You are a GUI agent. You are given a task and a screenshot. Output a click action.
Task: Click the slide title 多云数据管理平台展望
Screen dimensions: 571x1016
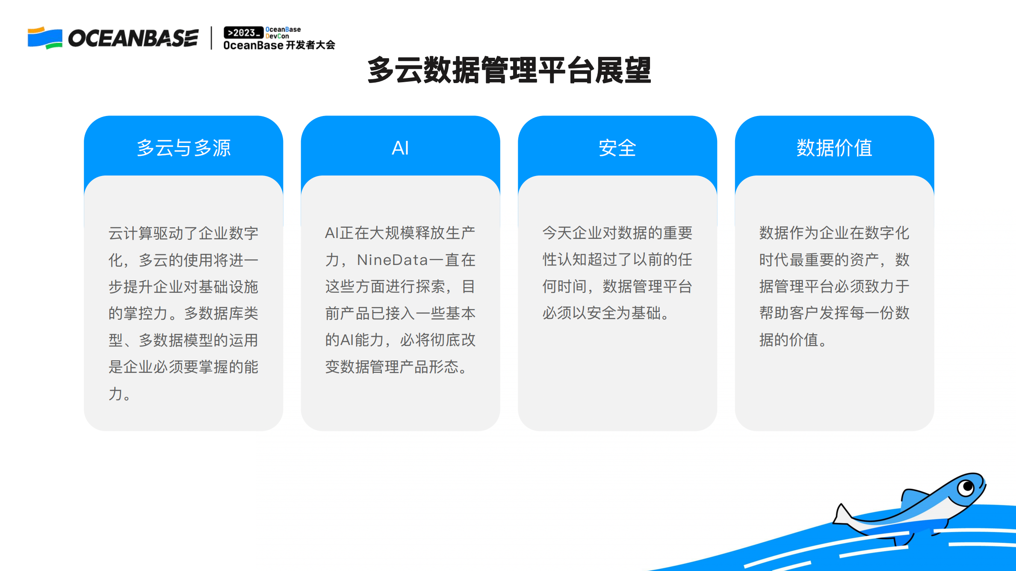click(509, 71)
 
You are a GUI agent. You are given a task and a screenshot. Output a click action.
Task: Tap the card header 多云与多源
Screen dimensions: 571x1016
click(183, 148)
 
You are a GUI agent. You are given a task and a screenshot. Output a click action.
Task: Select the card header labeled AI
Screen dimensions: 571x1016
click(400, 148)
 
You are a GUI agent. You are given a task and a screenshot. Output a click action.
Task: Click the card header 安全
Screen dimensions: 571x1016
click(617, 148)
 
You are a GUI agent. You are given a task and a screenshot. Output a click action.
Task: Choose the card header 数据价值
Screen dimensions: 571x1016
click(834, 148)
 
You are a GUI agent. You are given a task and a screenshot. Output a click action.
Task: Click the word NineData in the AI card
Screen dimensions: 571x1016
click(392, 260)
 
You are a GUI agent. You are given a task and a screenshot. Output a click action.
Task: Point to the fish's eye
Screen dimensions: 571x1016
click(966, 487)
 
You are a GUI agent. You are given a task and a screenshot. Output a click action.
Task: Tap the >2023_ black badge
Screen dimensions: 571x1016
click(243, 33)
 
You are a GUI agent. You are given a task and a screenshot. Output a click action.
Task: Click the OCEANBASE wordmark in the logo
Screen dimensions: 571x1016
click(133, 39)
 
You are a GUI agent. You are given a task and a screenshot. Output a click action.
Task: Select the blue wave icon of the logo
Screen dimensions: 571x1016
click(45, 38)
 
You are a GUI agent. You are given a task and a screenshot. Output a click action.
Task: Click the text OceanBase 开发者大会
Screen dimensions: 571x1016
click(279, 45)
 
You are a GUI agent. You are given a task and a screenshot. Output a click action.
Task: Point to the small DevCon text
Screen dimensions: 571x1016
click(277, 36)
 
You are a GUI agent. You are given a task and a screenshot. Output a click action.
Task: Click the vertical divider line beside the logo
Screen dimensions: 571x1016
click(211, 38)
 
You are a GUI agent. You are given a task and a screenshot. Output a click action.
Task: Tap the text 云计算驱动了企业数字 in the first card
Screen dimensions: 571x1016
click(183, 233)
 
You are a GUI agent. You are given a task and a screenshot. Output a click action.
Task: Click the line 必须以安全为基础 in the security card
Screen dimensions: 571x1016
click(605, 313)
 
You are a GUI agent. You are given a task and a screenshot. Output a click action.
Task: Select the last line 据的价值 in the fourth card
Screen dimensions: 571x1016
click(792, 340)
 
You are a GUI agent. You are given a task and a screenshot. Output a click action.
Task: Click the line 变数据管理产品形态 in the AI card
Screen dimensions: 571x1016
click(396, 367)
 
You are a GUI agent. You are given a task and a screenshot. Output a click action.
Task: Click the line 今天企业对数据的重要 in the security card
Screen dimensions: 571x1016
click(617, 233)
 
